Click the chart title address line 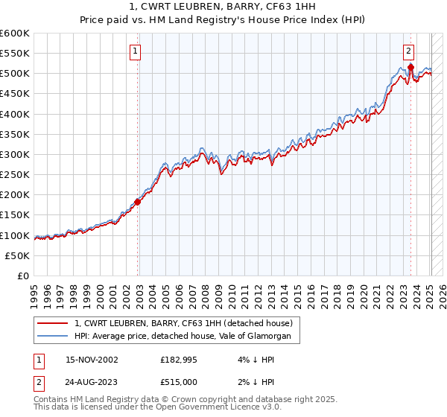(x=223, y=7)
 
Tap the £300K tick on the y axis (x=14, y=154)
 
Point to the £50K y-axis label (x=16, y=255)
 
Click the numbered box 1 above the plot (x=135, y=51)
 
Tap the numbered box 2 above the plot (x=409, y=51)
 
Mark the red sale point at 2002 (x=138, y=202)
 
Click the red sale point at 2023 (x=411, y=67)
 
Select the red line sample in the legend (x=53, y=323)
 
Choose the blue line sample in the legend (x=53, y=337)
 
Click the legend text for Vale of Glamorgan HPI (x=187, y=337)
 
